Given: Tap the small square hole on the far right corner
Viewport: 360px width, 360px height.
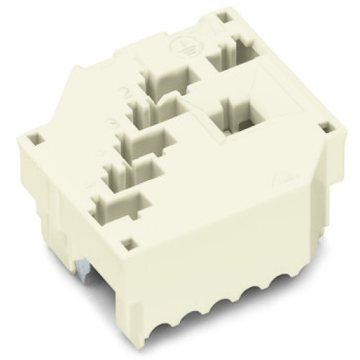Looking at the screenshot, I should click(x=329, y=129).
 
